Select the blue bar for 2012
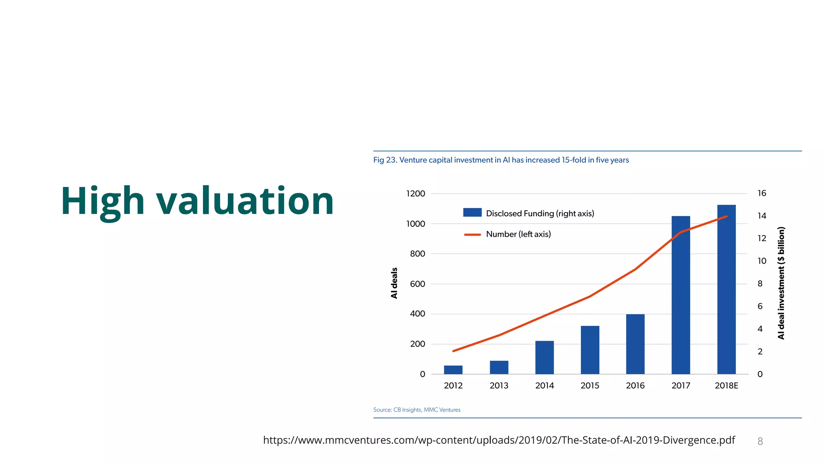pos(453,370)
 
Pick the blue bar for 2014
pos(545,358)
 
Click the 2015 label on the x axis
pos(590,386)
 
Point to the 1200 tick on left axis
pos(416,194)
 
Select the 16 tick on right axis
pos(762,193)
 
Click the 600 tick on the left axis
pos(418,284)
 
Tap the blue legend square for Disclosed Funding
pos(472,213)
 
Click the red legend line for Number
pos(472,234)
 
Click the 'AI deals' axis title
pos(394,283)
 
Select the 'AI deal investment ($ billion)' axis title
pos(781,283)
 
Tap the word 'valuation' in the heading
pos(245,201)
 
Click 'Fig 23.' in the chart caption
pos(385,160)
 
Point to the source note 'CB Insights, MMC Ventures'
pos(427,410)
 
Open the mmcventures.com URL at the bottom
pos(499,440)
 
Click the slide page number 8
pos(760,441)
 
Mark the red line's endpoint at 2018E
pos(727,217)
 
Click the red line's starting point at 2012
pos(453,351)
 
